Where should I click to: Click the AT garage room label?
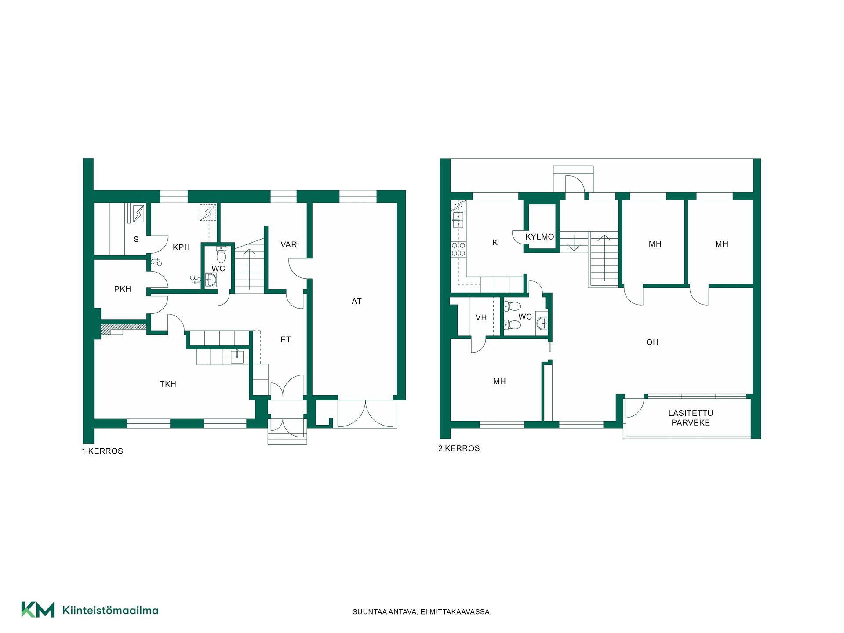click(x=357, y=302)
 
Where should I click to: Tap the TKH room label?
click(x=168, y=384)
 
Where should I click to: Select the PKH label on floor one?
click(x=123, y=289)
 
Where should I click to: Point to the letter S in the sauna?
click(x=136, y=240)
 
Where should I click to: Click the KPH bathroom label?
click(x=181, y=247)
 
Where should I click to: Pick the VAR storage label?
click(x=289, y=245)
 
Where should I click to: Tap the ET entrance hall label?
click(x=286, y=339)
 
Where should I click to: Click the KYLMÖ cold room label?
click(x=540, y=236)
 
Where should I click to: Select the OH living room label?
click(x=652, y=342)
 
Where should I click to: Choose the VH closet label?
click(x=481, y=318)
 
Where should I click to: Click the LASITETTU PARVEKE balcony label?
click(x=691, y=418)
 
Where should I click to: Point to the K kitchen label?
click(x=495, y=243)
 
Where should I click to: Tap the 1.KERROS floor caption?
click(x=102, y=451)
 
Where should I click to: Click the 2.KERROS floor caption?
click(x=459, y=449)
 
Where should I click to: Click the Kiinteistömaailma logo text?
click(x=110, y=610)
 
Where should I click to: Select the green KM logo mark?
click(x=38, y=610)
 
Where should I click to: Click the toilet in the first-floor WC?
click(x=221, y=255)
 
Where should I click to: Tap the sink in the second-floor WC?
click(x=542, y=323)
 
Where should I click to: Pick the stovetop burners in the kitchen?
click(x=458, y=249)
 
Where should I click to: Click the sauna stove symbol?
click(x=139, y=214)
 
